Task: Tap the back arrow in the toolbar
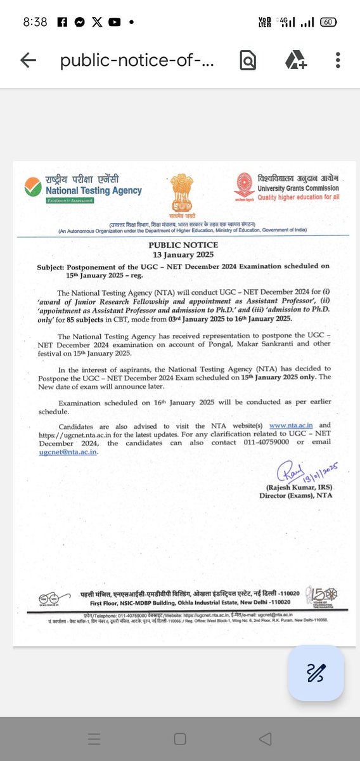tap(28, 60)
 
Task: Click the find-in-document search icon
tap(248, 60)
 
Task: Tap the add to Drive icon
tap(295, 60)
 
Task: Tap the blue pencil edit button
tap(316, 673)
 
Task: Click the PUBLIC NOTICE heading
tap(183, 245)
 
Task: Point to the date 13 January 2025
tap(183, 254)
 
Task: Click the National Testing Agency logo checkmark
tap(32, 187)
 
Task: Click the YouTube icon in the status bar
tap(114, 22)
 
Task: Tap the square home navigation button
tap(180, 739)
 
